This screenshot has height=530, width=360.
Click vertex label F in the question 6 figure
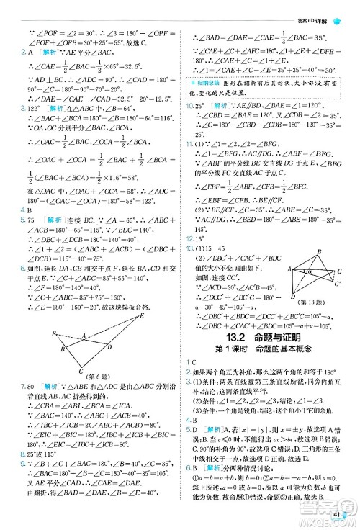[x=55, y=333]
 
